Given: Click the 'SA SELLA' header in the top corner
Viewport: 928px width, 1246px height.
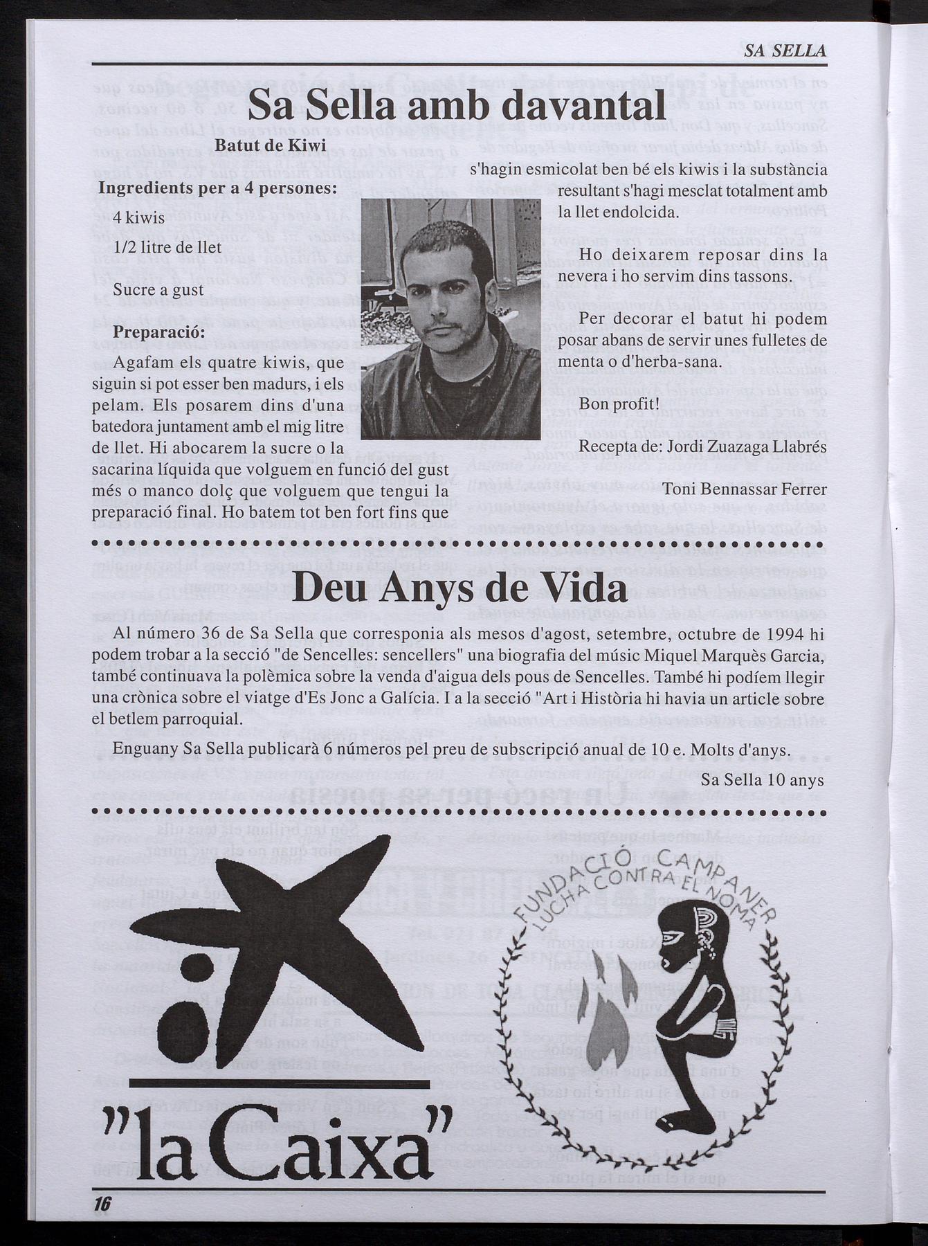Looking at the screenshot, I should point(785,51).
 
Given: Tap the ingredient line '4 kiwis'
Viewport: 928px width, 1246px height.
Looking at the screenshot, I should point(138,218).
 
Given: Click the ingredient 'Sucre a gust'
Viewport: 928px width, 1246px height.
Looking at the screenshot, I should point(158,289).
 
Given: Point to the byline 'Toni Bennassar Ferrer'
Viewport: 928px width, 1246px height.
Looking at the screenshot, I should point(745,489).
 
